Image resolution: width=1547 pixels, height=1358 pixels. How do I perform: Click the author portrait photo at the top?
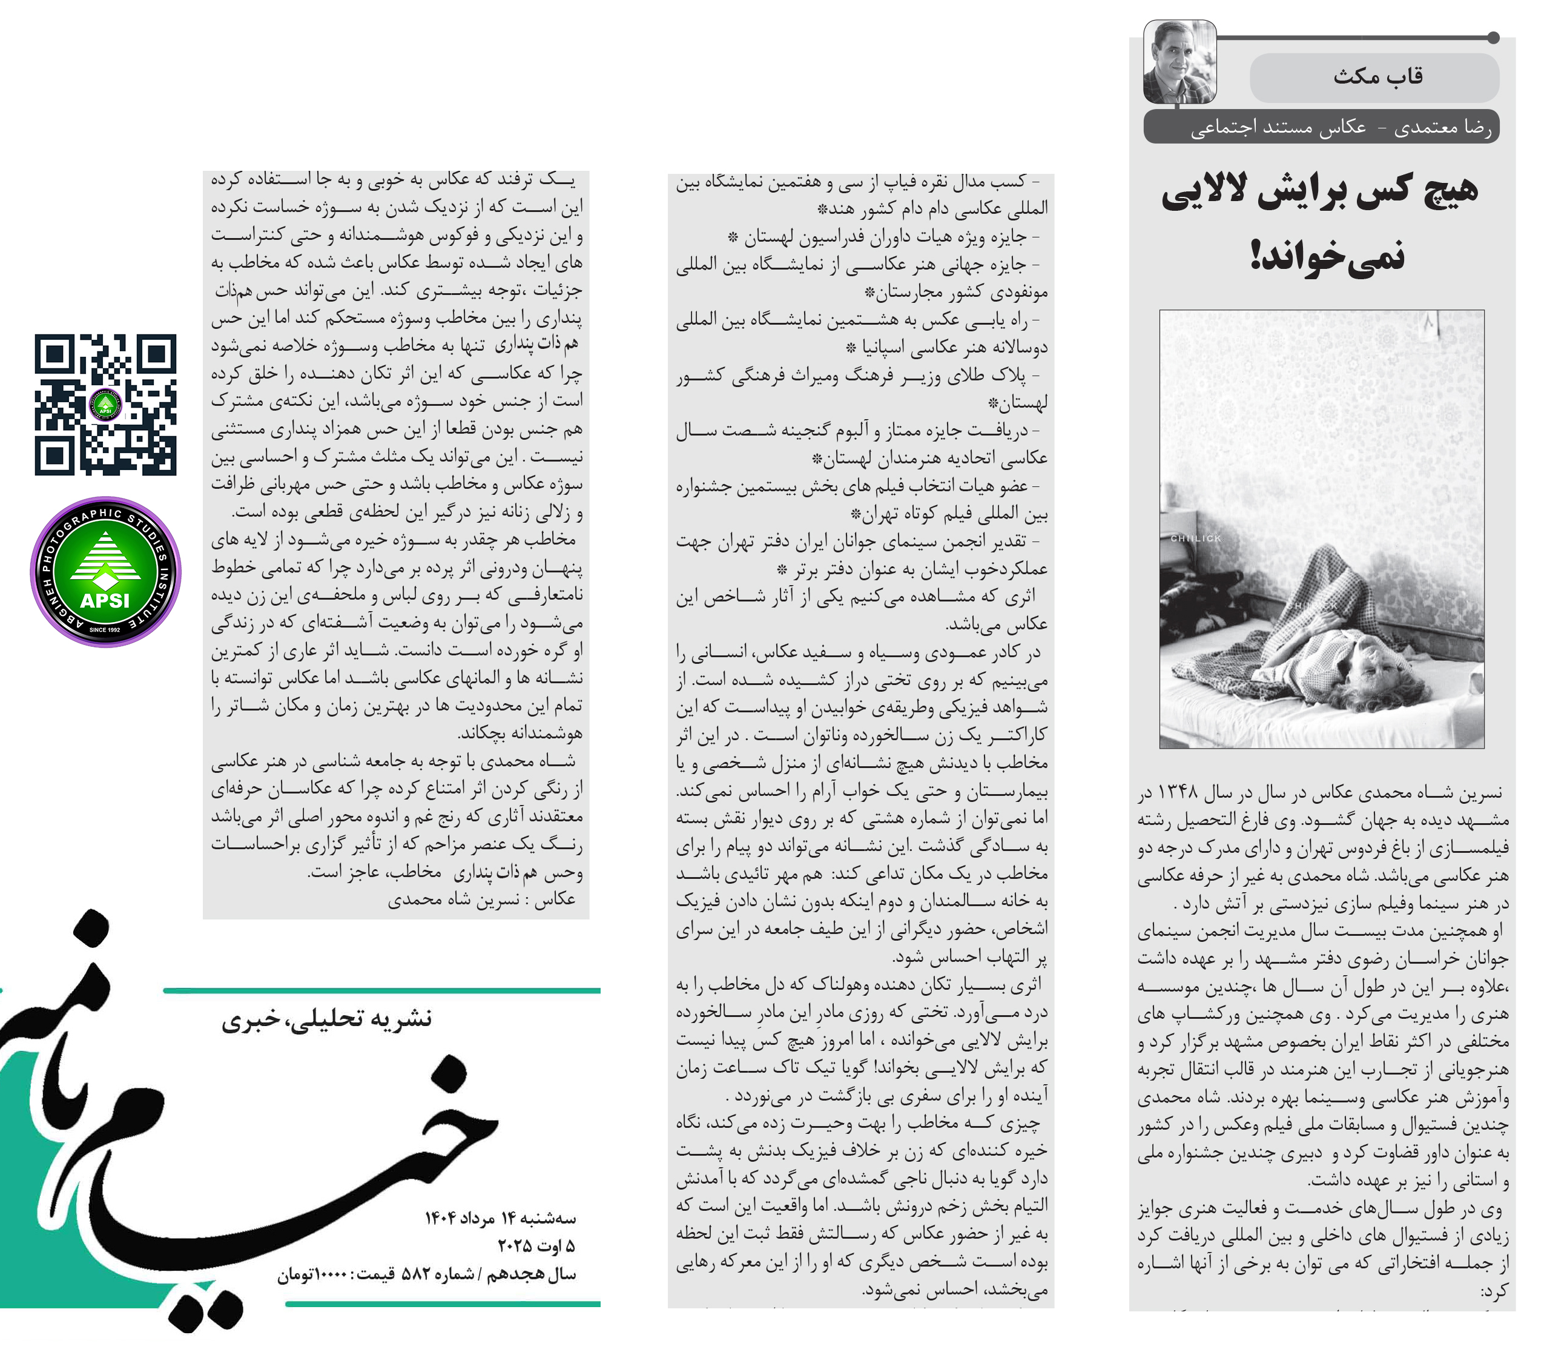pyautogui.click(x=1179, y=62)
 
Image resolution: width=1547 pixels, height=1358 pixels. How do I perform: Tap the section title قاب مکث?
pyautogui.click(x=1377, y=76)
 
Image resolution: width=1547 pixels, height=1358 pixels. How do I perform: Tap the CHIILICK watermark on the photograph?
pyautogui.click(x=1195, y=538)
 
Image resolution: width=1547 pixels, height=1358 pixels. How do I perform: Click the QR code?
pyautogui.click(x=105, y=405)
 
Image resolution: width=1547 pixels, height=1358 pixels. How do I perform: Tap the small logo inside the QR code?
pyautogui.click(x=105, y=405)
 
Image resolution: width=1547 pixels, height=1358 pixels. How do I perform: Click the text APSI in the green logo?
pyautogui.click(x=105, y=600)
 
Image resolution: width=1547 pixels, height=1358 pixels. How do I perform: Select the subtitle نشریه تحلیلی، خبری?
pyautogui.click(x=326, y=1019)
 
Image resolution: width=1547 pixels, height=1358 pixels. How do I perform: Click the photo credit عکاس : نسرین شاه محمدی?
pyautogui.click(x=481, y=900)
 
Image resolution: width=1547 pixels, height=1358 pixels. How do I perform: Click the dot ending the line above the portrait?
pyautogui.click(x=1493, y=38)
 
